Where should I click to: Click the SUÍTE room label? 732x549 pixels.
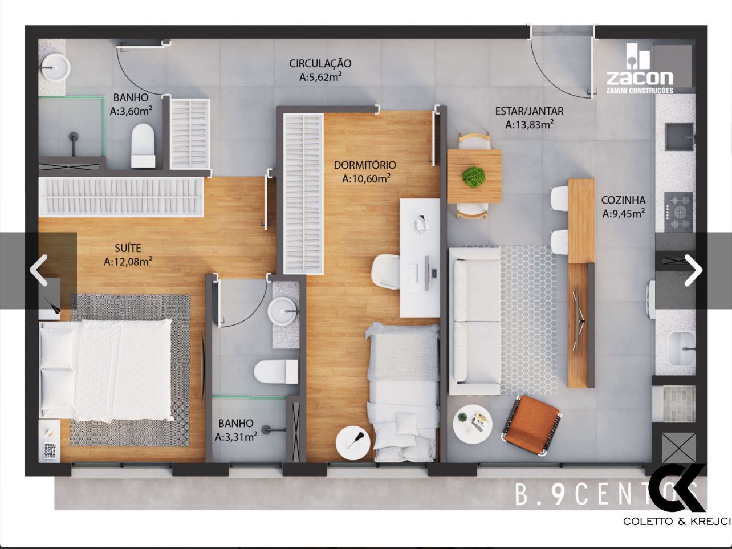pyautogui.click(x=127, y=248)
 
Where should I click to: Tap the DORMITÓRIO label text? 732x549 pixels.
pyautogui.click(x=365, y=165)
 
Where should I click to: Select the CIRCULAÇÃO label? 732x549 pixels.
pyautogui.click(x=320, y=64)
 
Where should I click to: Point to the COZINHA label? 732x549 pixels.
pyautogui.click(x=623, y=200)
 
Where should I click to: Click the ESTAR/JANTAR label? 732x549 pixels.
pyautogui.click(x=529, y=112)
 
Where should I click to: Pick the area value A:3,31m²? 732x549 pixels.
pyautogui.click(x=235, y=437)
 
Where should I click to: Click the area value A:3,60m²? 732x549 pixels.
pyautogui.click(x=131, y=111)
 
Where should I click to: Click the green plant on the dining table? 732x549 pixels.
pyautogui.click(x=473, y=177)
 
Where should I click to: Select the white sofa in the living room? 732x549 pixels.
pyautogui.click(x=473, y=320)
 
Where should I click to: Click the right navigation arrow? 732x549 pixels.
pyautogui.click(x=693, y=270)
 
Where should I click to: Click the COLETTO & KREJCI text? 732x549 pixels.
pyautogui.click(x=677, y=521)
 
